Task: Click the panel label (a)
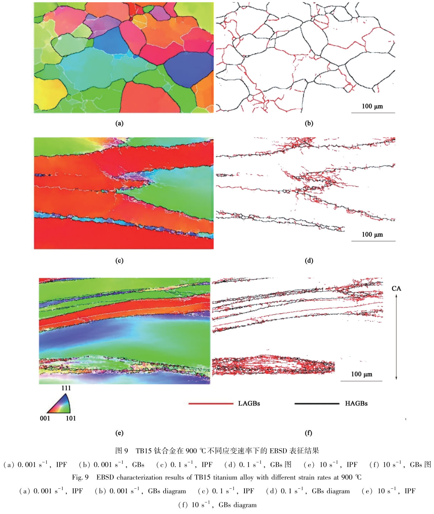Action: click(x=119, y=124)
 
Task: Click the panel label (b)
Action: click(x=309, y=124)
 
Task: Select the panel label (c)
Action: click(x=119, y=261)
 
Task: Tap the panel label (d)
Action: click(x=309, y=261)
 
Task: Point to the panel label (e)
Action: click(x=119, y=433)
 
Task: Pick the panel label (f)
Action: click(x=309, y=433)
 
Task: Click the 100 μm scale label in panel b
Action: click(x=372, y=106)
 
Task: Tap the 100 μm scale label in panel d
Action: click(x=372, y=235)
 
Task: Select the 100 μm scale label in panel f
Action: click(x=361, y=374)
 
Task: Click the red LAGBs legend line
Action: click(x=211, y=404)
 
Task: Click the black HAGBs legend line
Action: click(x=317, y=404)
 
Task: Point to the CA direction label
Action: click(x=396, y=288)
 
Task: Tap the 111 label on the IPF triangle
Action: click(x=66, y=388)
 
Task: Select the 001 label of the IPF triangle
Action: click(x=45, y=418)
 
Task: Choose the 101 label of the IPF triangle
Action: click(x=71, y=418)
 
